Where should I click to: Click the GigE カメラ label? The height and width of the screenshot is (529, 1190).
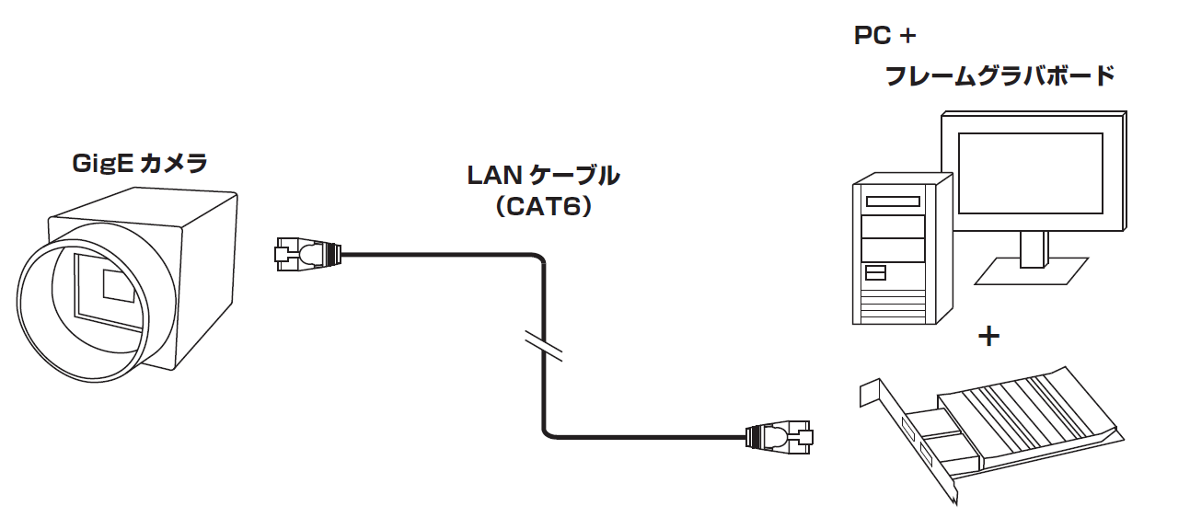point(140,164)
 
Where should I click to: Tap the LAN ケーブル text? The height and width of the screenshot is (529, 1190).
point(543,175)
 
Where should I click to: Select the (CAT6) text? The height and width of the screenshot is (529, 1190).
point(543,208)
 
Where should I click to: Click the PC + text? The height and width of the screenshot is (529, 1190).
point(884,37)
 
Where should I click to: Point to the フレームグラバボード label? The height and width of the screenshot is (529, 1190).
point(999,75)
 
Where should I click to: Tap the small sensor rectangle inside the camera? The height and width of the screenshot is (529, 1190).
point(118,284)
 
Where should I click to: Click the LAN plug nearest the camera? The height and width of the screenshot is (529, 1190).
point(306,252)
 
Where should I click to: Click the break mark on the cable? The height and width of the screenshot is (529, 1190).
point(543,344)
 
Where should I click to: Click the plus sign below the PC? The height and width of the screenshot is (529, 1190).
point(988,337)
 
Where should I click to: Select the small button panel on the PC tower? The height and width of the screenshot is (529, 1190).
point(875,272)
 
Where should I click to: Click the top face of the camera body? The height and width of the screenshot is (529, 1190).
point(147,204)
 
